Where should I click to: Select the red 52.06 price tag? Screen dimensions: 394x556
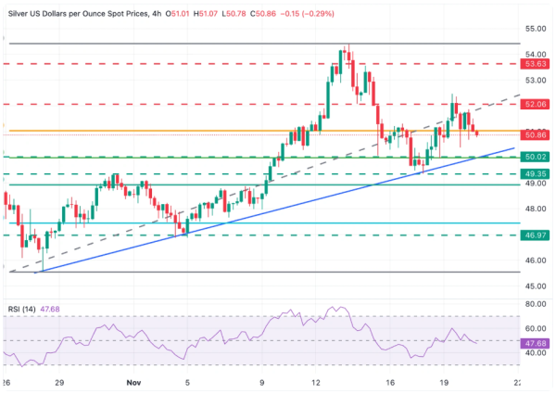click(x=535, y=104)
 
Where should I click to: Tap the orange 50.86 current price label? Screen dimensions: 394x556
click(x=535, y=135)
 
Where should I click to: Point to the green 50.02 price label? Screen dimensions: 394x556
click(x=535, y=158)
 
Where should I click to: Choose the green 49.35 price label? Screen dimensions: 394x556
click(x=535, y=173)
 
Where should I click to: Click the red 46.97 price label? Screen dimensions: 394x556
click(x=535, y=235)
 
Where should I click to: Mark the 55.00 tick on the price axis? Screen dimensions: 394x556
click(x=535, y=29)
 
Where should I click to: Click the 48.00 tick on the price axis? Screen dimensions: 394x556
click(x=535, y=210)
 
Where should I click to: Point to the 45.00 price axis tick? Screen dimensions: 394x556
click(x=535, y=286)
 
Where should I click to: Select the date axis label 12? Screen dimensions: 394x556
click(x=318, y=380)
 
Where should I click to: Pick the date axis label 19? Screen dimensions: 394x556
click(x=445, y=380)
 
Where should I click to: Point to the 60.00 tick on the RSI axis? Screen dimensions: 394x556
click(x=535, y=327)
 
